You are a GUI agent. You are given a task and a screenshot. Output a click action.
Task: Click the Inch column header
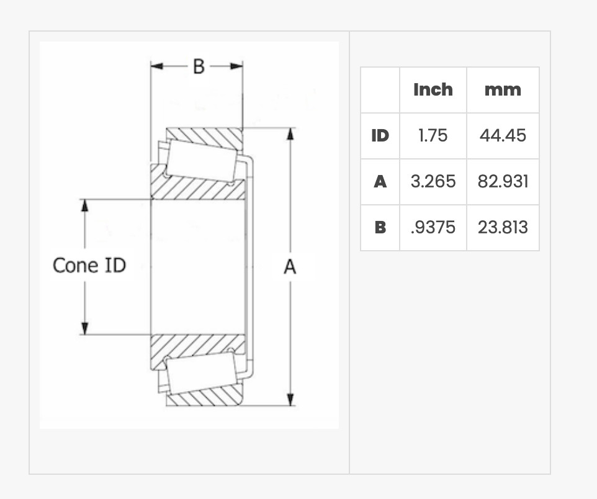[x=433, y=90]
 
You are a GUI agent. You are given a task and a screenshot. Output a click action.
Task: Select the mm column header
[x=503, y=90]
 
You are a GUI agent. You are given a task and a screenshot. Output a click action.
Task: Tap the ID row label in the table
[x=380, y=135]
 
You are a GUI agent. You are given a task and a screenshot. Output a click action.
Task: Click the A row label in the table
[x=380, y=182]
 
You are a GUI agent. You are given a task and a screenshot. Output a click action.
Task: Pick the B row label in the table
[x=380, y=227]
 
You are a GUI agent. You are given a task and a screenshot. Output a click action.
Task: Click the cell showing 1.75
[x=433, y=135]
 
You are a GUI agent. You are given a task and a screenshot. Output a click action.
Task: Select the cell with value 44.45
[x=503, y=135]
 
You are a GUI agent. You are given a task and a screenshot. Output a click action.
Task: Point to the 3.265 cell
[x=433, y=181]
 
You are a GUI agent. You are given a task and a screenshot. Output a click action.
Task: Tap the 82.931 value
[x=503, y=181]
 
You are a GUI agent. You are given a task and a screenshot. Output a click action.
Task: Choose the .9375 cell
[x=433, y=227]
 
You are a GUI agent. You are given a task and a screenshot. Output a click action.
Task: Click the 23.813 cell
[x=503, y=227]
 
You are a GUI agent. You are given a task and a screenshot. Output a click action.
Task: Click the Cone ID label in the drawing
[x=89, y=265]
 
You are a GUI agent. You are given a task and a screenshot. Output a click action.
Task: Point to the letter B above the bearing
[x=199, y=66]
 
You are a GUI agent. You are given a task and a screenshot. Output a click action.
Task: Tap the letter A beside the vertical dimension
[x=290, y=267]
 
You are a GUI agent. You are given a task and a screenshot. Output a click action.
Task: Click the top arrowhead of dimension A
[x=290, y=134]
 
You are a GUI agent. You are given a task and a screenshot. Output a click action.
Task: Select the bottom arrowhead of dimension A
[x=290, y=400]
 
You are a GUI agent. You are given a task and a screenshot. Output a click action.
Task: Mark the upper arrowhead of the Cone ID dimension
[x=84, y=205]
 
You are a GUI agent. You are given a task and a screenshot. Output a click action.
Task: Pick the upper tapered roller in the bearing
[x=202, y=160]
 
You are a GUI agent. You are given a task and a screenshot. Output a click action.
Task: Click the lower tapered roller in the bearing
[x=202, y=373]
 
